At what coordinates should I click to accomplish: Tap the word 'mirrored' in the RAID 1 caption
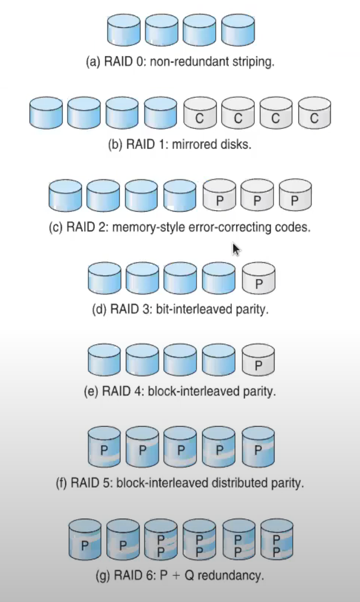[x=193, y=144]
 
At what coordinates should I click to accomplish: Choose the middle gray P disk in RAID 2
[x=257, y=195]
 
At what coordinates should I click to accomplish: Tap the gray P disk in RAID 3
[x=258, y=279]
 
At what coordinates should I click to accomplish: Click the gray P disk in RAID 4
[x=258, y=361]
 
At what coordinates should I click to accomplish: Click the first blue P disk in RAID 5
[x=104, y=446]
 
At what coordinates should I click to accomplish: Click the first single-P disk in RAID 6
[x=85, y=540]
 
